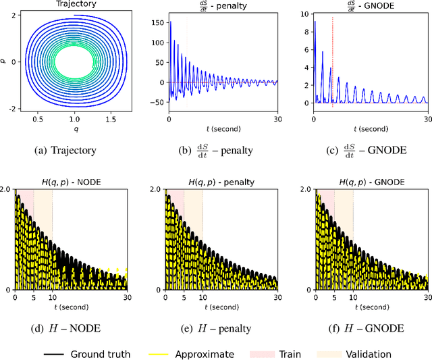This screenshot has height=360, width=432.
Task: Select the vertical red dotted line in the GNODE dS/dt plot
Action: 333,61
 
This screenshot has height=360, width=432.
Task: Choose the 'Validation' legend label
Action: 368,353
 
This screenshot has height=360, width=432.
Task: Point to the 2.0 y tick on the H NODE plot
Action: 6,190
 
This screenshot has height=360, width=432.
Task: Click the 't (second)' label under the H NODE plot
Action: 70,305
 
